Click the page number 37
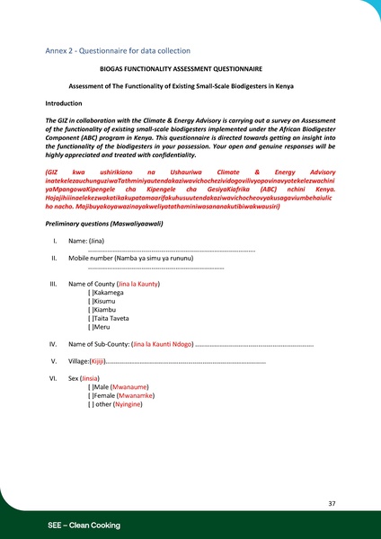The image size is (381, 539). point(332,504)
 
